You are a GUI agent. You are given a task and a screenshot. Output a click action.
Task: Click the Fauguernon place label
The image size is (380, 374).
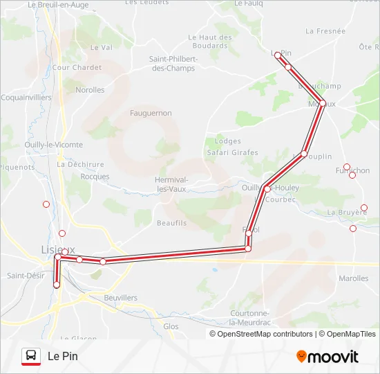(x=151, y=112)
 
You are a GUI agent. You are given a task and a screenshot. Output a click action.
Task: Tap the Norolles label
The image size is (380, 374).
(x=90, y=90)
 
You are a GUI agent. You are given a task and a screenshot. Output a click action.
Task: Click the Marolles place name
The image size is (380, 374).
(x=354, y=278)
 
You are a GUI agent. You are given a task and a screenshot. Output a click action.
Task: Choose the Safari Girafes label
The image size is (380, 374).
(x=231, y=152)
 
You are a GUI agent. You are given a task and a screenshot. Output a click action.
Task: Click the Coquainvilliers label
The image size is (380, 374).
(x=26, y=98)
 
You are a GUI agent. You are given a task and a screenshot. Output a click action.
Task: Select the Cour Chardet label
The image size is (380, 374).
(x=77, y=68)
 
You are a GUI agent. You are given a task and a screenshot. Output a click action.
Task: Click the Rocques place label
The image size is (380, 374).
(x=95, y=177)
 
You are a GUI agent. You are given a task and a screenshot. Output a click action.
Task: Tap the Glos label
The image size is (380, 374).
(x=171, y=326)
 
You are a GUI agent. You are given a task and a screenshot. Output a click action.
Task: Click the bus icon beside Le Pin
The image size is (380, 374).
(x=30, y=356)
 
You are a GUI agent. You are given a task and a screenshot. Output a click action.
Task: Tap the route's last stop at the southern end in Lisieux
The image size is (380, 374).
(x=57, y=285)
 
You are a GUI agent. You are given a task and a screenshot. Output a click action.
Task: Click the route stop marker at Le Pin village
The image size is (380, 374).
(x=277, y=55)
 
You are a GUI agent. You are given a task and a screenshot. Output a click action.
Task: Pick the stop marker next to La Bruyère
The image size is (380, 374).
(x=364, y=208)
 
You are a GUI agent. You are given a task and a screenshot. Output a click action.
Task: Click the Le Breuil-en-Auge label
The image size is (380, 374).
(x=59, y=4)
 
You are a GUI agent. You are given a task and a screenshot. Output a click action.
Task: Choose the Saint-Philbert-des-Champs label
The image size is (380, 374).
(x=173, y=64)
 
